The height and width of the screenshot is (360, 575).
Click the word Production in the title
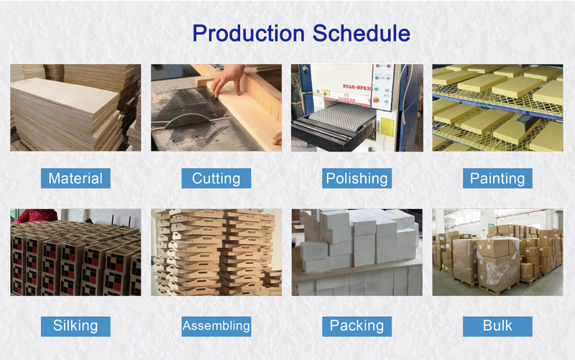pos(248,33)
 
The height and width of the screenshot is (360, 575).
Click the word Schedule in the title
pos(362,33)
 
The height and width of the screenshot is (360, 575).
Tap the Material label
pos(75,178)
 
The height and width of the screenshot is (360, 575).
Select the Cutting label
pos(216,178)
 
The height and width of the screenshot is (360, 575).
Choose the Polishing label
pos(356,178)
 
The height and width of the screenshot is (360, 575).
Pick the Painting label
pos(497,178)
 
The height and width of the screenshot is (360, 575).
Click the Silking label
pos(75,326)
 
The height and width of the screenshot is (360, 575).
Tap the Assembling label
pos(216,326)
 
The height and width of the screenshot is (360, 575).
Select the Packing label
pos(356,326)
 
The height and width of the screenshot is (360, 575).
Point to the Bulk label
pos(497,326)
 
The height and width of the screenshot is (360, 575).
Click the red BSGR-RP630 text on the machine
pos(357,87)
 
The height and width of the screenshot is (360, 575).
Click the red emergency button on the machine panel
pos(375,99)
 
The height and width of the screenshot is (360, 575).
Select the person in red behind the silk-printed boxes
pos(37,216)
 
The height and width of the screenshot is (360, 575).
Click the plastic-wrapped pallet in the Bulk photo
pos(498,263)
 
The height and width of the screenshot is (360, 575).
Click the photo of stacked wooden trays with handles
pos(216,252)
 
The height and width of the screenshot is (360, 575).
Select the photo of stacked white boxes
pos(356,252)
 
